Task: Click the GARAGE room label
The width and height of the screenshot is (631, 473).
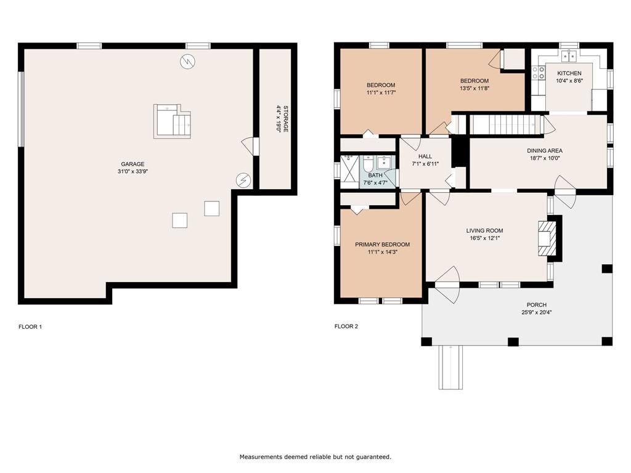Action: [x=133, y=164]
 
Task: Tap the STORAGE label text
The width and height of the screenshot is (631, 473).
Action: [x=286, y=119]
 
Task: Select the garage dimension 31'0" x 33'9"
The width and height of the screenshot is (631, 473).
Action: [x=133, y=171]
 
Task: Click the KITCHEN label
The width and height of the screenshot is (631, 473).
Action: [x=569, y=73]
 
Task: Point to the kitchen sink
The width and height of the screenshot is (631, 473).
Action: [x=569, y=56]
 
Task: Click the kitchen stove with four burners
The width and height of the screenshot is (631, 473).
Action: [x=539, y=73]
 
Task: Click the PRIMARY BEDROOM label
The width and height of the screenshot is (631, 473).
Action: [x=382, y=244]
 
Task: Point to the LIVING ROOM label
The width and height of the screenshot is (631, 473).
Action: [x=484, y=230]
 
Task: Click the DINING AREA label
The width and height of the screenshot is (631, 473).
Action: [x=545, y=150]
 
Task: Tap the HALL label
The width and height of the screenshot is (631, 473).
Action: [x=425, y=156]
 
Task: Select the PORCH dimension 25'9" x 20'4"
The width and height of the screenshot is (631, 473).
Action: [x=537, y=312]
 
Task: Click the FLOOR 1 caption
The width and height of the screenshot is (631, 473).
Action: [x=30, y=326]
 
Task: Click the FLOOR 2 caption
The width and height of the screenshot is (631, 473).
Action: [x=346, y=326]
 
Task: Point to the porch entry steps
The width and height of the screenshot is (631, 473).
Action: [x=450, y=367]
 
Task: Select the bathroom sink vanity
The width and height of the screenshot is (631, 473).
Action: [x=384, y=162]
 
